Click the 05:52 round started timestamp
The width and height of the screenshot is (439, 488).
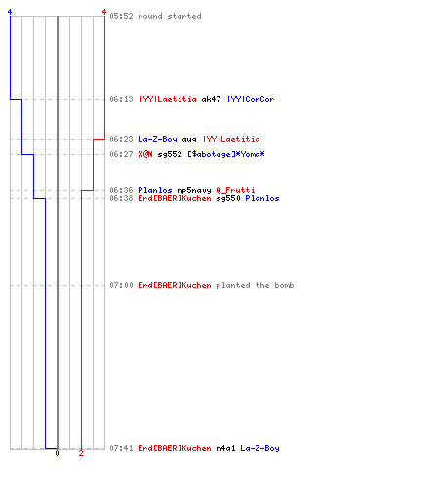tap(121, 16)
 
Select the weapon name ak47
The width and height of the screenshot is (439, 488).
tap(211, 99)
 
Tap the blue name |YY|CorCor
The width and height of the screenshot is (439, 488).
tap(251, 99)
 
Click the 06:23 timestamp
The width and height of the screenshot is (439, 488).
tap(121, 139)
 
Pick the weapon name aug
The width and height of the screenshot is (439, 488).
tap(189, 140)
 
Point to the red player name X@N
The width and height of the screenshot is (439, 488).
tap(145, 154)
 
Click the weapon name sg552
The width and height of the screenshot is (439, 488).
tap(170, 155)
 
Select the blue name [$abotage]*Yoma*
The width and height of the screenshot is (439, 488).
tap(226, 154)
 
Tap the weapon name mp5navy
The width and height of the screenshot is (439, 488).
tap(194, 191)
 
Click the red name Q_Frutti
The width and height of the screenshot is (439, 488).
tap(235, 190)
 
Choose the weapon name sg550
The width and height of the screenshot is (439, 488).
tap(228, 199)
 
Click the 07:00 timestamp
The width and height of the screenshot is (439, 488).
tap(121, 285)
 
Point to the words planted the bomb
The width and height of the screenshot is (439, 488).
tap(255, 285)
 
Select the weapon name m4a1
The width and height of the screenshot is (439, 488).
tap(225, 448)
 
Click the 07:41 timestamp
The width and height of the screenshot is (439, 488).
tap(121, 448)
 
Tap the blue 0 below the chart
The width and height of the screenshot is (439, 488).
tap(57, 453)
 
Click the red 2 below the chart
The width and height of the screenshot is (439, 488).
tap(81, 453)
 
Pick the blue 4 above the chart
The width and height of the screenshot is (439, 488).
tap(10, 12)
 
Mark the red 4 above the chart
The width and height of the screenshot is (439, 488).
tap(104, 12)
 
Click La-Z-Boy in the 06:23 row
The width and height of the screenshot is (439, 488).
tap(157, 139)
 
